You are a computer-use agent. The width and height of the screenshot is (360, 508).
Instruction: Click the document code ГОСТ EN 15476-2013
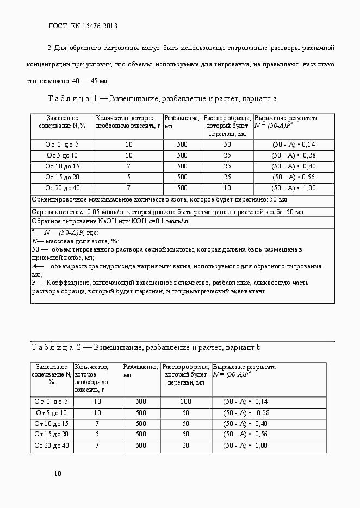(x=83, y=26)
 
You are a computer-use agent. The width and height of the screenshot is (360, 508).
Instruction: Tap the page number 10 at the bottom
(x=57, y=474)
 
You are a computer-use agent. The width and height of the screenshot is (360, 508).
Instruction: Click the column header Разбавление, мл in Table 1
(x=182, y=122)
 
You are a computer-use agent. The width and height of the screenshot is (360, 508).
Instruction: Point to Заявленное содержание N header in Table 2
(x=52, y=374)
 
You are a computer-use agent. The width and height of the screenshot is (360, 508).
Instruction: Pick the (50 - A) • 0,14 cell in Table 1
(x=294, y=145)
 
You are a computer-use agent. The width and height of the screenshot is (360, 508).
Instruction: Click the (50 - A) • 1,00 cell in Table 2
(x=246, y=446)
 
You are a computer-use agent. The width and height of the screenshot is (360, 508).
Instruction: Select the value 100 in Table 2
(x=185, y=402)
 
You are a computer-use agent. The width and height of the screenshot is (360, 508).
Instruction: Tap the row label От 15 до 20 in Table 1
(x=62, y=177)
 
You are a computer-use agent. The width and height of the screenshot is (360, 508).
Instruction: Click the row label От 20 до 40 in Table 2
(x=52, y=446)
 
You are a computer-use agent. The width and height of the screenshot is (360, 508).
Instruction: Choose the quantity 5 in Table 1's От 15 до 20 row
(x=128, y=177)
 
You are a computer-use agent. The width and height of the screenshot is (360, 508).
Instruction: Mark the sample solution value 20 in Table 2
(x=185, y=446)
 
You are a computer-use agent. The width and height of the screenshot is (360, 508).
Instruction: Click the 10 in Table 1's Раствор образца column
(x=227, y=188)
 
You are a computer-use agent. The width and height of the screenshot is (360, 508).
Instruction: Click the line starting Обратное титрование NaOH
(x=110, y=222)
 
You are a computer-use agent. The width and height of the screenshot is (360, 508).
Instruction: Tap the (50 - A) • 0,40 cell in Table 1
(x=294, y=166)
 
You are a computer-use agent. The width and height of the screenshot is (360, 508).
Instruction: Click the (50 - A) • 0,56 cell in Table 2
(x=246, y=435)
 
